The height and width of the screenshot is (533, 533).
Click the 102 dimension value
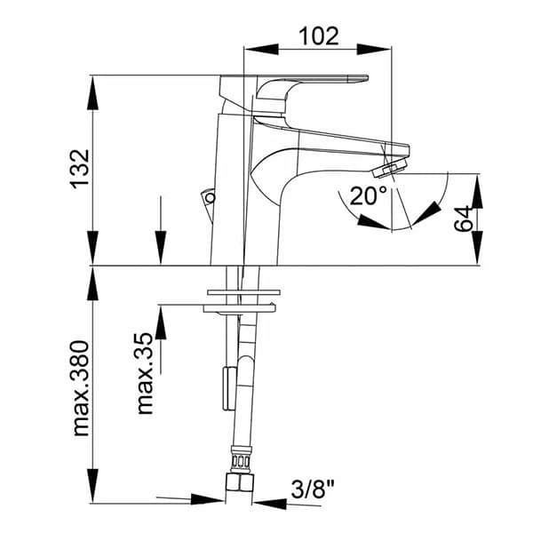(319, 36)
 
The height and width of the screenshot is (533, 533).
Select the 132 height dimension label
(80, 169)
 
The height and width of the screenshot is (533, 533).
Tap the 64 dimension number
(463, 219)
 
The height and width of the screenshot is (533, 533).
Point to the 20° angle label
(368, 195)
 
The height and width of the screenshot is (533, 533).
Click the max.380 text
(81, 388)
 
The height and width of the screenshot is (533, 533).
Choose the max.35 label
(145, 373)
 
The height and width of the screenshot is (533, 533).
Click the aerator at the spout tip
(390, 168)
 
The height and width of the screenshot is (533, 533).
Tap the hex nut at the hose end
(240, 482)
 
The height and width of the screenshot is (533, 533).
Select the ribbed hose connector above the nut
(241, 460)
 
